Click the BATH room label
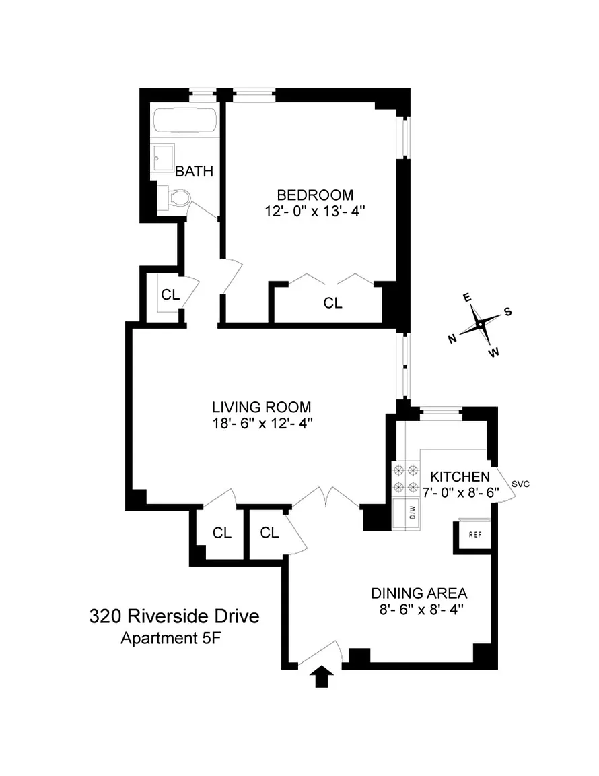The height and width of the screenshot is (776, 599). [x=194, y=171]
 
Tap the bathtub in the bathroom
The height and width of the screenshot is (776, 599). [x=184, y=121]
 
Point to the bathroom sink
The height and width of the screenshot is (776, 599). [x=163, y=158]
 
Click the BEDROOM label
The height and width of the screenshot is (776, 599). [x=315, y=195]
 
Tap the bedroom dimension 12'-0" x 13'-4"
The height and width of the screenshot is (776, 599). [x=314, y=212]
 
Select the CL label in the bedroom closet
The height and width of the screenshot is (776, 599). [x=333, y=303]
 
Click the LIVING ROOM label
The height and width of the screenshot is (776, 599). [x=262, y=408]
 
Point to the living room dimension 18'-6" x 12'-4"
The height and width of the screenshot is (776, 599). [x=262, y=424]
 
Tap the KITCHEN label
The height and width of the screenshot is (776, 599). [x=460, y=477]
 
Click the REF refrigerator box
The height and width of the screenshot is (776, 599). [x=475, y=534]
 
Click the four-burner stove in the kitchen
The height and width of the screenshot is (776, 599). [x=406, y=478]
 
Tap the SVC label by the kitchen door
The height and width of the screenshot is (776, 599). [x=520, y=484]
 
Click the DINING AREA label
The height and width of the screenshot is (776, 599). [x=419, y=593]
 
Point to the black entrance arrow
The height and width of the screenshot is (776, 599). [x=322, y=676]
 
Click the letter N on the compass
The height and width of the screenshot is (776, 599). [x=452, y=339]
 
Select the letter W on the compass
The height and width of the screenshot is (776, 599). [x=493, y=352]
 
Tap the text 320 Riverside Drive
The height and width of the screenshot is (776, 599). [x=174, y=616]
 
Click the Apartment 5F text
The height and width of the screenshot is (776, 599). [x=171, y=639]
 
